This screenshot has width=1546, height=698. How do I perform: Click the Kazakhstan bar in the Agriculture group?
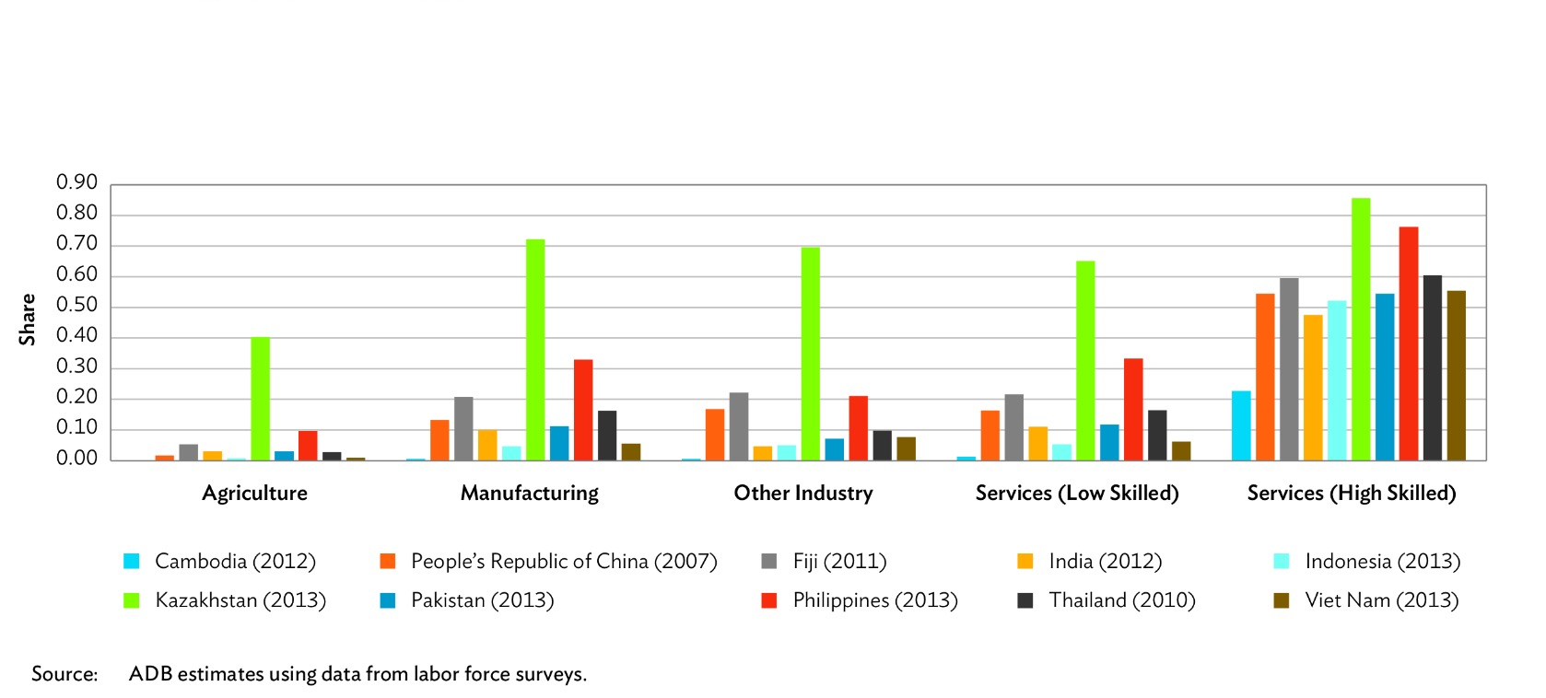tap(260, 399)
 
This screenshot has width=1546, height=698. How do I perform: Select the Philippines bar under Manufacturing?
tap(583, 410)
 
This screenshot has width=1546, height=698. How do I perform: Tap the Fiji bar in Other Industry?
tap(739, 426)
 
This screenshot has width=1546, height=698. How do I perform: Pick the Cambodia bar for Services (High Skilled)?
tap(1241, 425)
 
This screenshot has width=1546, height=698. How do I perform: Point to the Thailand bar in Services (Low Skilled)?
tap(1157, 435)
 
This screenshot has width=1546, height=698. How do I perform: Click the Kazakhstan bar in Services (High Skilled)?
tap(1361, 329)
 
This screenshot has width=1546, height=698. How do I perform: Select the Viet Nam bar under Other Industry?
tap(907, 448)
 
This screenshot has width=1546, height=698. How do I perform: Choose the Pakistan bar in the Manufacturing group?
tap(559, 443)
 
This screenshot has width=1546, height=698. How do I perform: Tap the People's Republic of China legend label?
tap(563, 561)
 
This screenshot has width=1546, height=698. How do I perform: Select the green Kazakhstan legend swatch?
tap(132, 600)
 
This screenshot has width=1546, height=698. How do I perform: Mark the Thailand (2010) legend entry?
tap(1121, 600)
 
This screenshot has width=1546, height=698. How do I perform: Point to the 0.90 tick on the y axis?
tap(76, 182)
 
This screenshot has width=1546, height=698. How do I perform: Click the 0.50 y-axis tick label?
tap(76, 305)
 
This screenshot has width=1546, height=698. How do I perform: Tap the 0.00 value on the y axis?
tap(76, 458)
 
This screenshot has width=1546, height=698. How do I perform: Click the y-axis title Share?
tap(27, 320)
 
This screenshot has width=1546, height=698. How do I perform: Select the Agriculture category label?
tap(254, 493)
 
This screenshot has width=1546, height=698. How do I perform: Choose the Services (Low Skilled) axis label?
tap(1077, 493)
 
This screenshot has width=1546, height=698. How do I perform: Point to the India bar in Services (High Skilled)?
tap(1313, 388)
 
